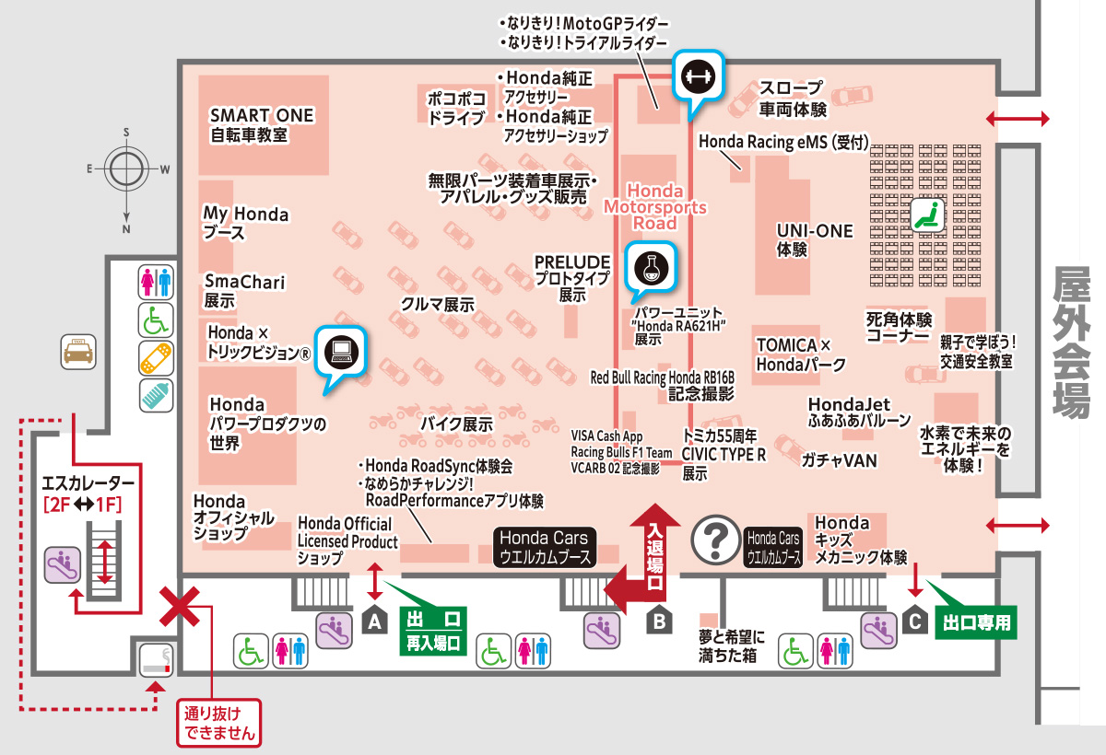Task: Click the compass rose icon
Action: pyautogui.click(x=126, y=168)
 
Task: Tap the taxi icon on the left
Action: pyautogui.click(x=77, y=353)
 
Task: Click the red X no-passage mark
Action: pyautogui.click(x=182, y=607)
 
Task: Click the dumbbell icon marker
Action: pyautogui.click(x=698, y=77)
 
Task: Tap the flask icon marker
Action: pyautogui.click(x=651, y=267)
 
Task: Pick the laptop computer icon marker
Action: pyautogui.click(x=340, y=350)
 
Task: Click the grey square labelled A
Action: pyautogui.click(x=375, y=622)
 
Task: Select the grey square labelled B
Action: pyautogui.click(x=658, y=622)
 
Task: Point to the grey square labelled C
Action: pyautogui.click(x=914, y=622)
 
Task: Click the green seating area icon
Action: pyautogui.click(x=926, y=215)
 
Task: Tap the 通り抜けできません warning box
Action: pyautogui.click(x=218, y=723)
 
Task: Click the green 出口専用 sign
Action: pyautogui.click(x=977, y=622)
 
